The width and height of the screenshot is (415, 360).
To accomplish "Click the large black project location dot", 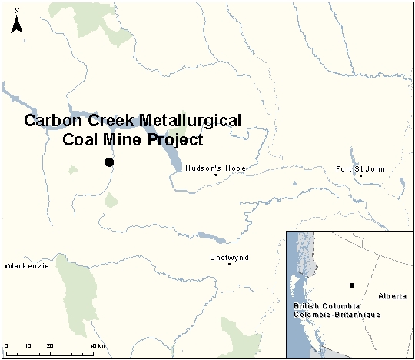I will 109,162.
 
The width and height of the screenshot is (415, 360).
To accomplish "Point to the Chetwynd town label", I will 229,258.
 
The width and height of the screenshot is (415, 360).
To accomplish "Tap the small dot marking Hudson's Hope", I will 216,175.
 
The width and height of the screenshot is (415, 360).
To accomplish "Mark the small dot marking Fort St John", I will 360,175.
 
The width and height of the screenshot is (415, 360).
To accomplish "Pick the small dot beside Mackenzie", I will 6,266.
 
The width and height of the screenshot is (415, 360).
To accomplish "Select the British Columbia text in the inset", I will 324,306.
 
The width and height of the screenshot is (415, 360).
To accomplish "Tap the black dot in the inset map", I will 351,285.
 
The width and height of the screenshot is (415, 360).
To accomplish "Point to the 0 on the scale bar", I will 6,345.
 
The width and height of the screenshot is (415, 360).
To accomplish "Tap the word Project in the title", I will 176,140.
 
